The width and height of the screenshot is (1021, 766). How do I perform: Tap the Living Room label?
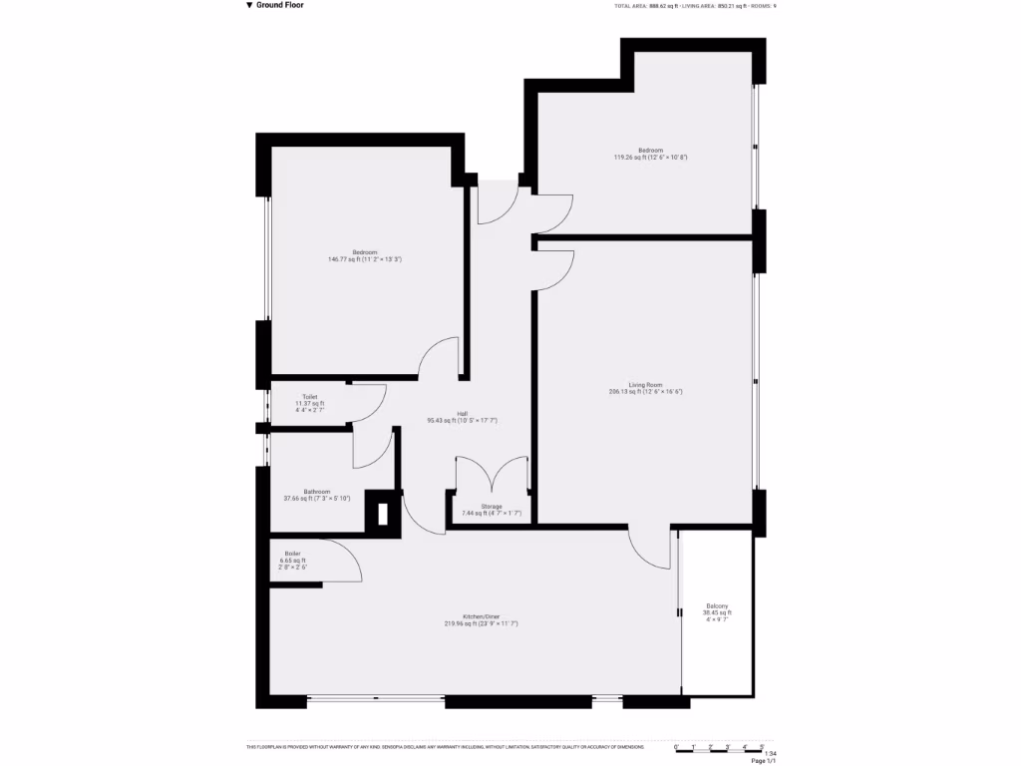tap(645, 388)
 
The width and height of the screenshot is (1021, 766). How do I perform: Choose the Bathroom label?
tap(317, 495)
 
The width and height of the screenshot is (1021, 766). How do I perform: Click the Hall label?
tap(462, 417)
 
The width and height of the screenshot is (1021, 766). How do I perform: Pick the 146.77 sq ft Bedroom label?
tap(364, 255)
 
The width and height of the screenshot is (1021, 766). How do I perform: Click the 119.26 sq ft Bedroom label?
tap(650, 154)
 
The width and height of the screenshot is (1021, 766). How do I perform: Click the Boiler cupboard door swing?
tap(342, 561)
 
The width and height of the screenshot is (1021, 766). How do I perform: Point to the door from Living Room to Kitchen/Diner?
tap(650, 548)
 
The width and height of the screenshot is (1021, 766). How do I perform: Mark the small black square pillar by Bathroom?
tap(381, 514)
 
